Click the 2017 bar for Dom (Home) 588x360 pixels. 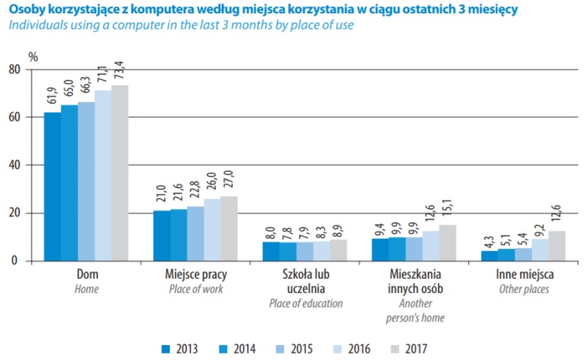tap(119, 173)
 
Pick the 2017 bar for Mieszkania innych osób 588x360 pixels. tap(447, 243)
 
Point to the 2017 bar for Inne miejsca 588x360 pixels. tap(556, 246)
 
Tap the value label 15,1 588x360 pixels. tap(447, 209)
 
